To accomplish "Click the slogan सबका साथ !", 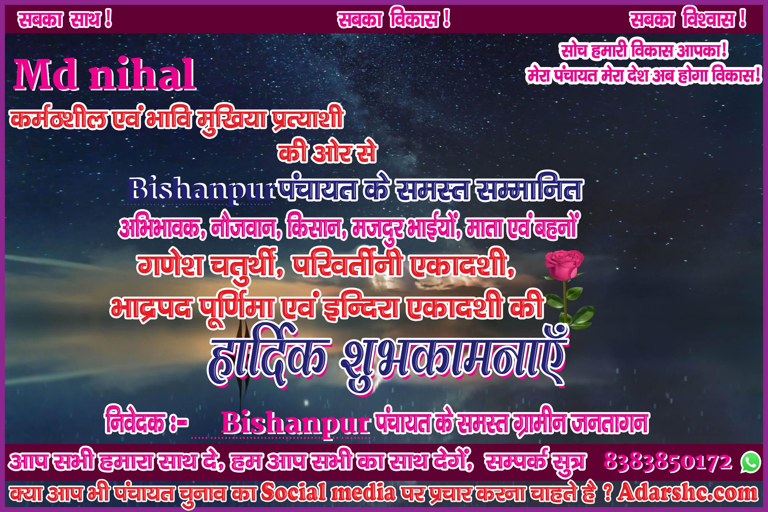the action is pos(65,20).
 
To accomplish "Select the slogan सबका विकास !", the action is pos(394,20).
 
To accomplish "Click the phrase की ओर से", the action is pos(327,153).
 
